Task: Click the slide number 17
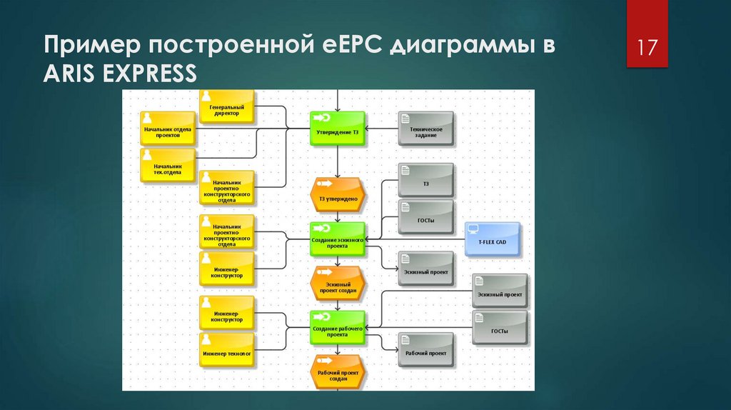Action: (647, 49)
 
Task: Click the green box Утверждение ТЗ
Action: (337, 128)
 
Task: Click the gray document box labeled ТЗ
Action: (426, 180)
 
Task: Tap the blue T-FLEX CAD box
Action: (492, 239)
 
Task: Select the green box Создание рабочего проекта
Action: (337, 328)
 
